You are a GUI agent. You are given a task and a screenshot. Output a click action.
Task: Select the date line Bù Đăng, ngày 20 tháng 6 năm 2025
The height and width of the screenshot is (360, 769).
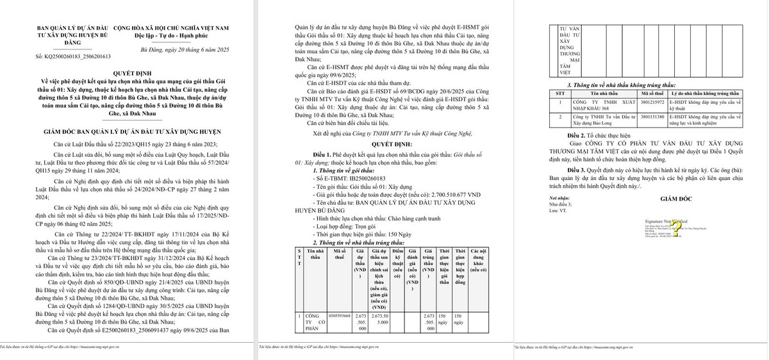[183, 49]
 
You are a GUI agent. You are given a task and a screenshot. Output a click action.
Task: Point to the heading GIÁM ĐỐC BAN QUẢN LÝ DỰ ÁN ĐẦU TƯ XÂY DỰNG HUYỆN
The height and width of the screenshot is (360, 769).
[137, 131]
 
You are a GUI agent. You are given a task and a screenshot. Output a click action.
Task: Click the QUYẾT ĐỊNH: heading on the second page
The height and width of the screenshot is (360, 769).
[392, 145]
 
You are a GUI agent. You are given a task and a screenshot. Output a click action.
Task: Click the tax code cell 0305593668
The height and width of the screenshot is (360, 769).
[339, 316]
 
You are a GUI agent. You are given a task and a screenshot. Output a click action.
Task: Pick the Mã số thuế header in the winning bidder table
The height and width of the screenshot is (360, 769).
[339, 255]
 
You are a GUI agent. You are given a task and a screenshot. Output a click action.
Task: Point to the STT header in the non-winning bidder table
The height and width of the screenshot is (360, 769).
[561, 93]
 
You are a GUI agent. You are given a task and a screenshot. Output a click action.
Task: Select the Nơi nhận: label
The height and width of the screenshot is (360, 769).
[559, 199]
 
